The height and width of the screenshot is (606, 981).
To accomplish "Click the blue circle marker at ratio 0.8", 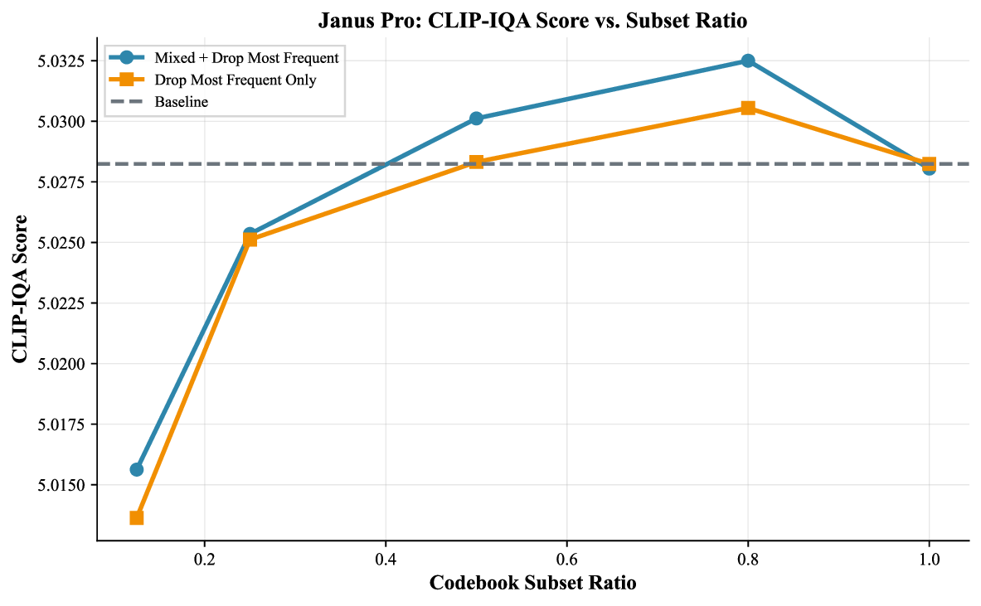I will (x=748, y=61).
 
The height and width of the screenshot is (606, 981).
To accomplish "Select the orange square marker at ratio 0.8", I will (x=748, y=108).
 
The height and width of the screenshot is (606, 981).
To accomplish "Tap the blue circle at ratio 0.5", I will (x=476, y=119).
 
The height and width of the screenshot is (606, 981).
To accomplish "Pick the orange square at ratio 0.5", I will (x=476, y=162).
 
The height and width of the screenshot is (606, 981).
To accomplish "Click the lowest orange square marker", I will (x=137, y=517).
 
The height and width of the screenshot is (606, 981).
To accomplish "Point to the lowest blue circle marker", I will (x=137, y=469).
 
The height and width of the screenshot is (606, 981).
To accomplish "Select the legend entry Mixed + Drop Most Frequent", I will (x=246, y=58).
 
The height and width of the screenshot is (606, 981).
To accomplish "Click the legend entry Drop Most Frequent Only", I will (x=236, y=80).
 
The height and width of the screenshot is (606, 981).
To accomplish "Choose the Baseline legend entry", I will (x=181, y=103).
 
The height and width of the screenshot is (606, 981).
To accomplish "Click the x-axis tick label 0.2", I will (x=204, y=558).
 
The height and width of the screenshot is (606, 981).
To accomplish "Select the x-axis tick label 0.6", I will (x=566, y=558).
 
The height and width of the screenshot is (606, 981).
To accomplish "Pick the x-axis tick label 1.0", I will (x=929, y=558).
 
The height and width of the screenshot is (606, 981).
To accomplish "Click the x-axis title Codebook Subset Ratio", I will (x=533, y=584).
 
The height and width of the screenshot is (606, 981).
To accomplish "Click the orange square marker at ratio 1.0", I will (x=929, y=164).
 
